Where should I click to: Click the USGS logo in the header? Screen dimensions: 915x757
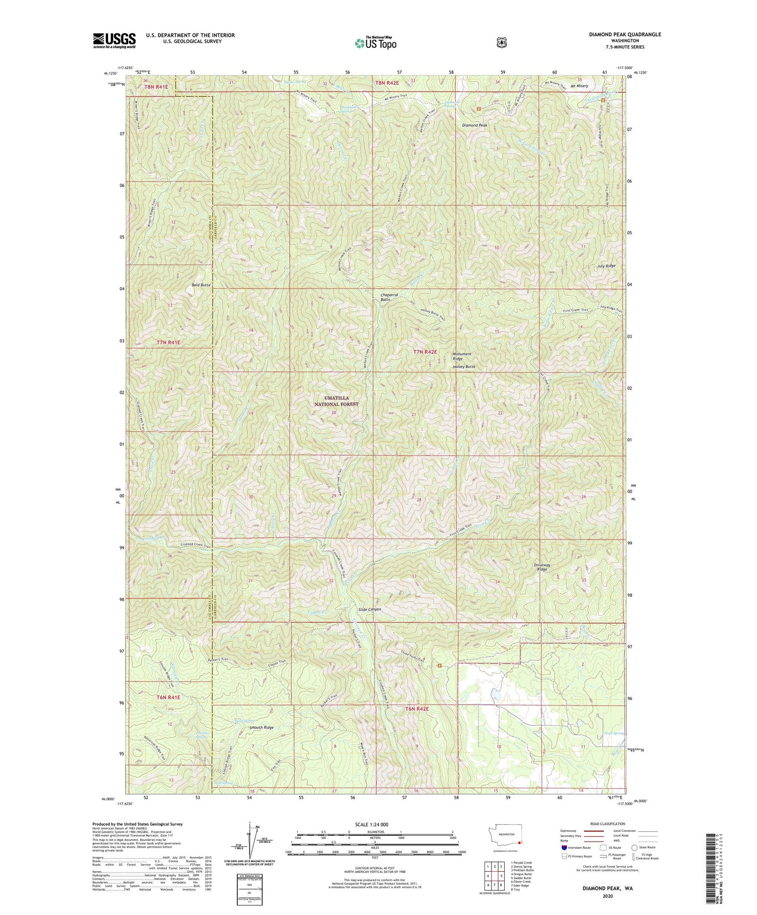tap(114, 40)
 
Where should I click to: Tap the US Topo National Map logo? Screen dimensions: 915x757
tap(376, 43)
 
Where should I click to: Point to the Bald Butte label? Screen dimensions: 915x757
tap(200, 285)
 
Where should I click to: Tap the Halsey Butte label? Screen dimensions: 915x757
tap(464, 366)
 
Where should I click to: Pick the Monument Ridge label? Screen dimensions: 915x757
tap(462, 356)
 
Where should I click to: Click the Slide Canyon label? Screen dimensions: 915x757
tap(366, 609)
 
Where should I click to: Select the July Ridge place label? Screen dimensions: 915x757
tap(606, 265)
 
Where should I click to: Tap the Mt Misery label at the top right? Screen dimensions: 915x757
tap(579, 86)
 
